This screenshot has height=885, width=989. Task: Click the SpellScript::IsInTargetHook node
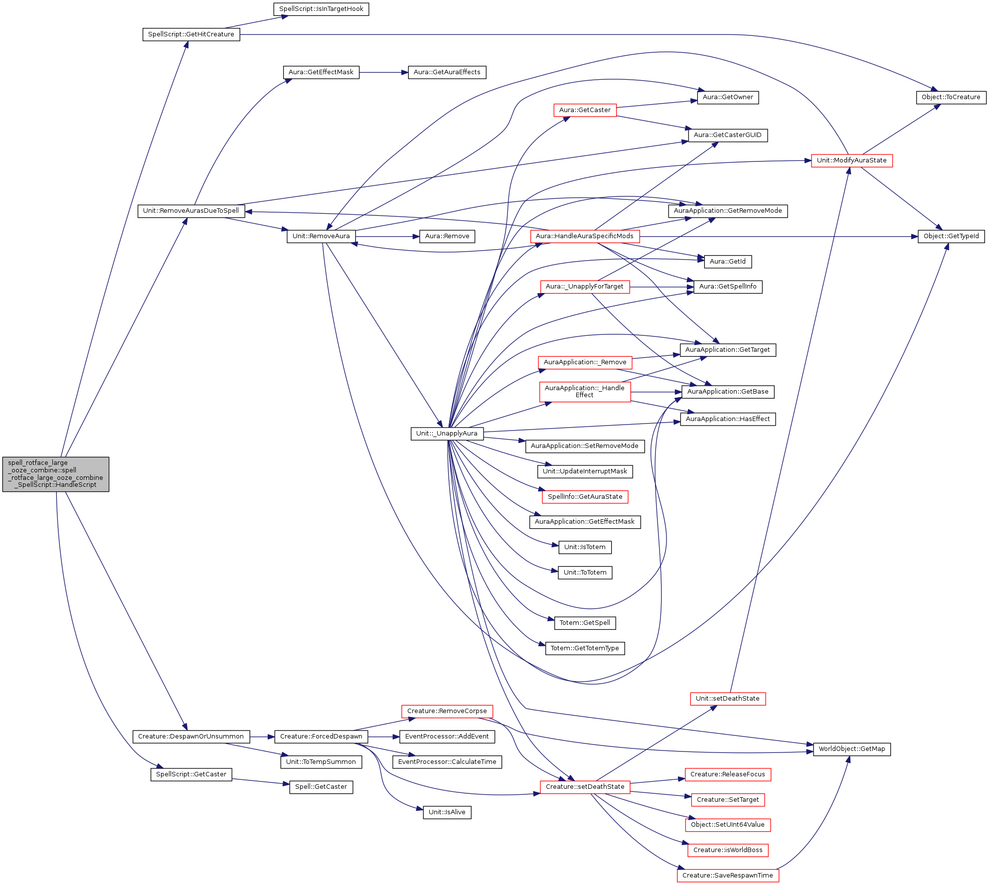321,9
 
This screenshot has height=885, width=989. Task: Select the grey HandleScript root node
56,474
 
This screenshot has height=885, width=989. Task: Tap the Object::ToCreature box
951,97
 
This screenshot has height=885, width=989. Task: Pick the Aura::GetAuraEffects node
447,72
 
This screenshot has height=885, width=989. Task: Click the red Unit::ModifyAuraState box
851,160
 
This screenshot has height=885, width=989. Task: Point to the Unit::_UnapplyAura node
447,434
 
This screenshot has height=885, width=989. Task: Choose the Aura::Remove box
447,236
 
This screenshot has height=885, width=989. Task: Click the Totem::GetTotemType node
585,648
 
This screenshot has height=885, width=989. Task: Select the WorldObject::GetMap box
851,749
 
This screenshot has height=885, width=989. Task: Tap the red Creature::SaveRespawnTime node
727,876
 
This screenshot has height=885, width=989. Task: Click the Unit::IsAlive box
447,812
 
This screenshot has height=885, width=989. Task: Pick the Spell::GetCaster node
321,787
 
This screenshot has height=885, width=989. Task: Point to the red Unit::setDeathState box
727,699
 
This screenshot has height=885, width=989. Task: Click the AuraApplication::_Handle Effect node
585,392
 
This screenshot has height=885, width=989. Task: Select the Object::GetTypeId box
951,236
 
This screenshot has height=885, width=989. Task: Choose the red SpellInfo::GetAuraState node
585,497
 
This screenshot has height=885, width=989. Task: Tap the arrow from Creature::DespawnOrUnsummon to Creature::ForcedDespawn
262,737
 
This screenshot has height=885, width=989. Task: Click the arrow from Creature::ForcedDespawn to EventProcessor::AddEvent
383,737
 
